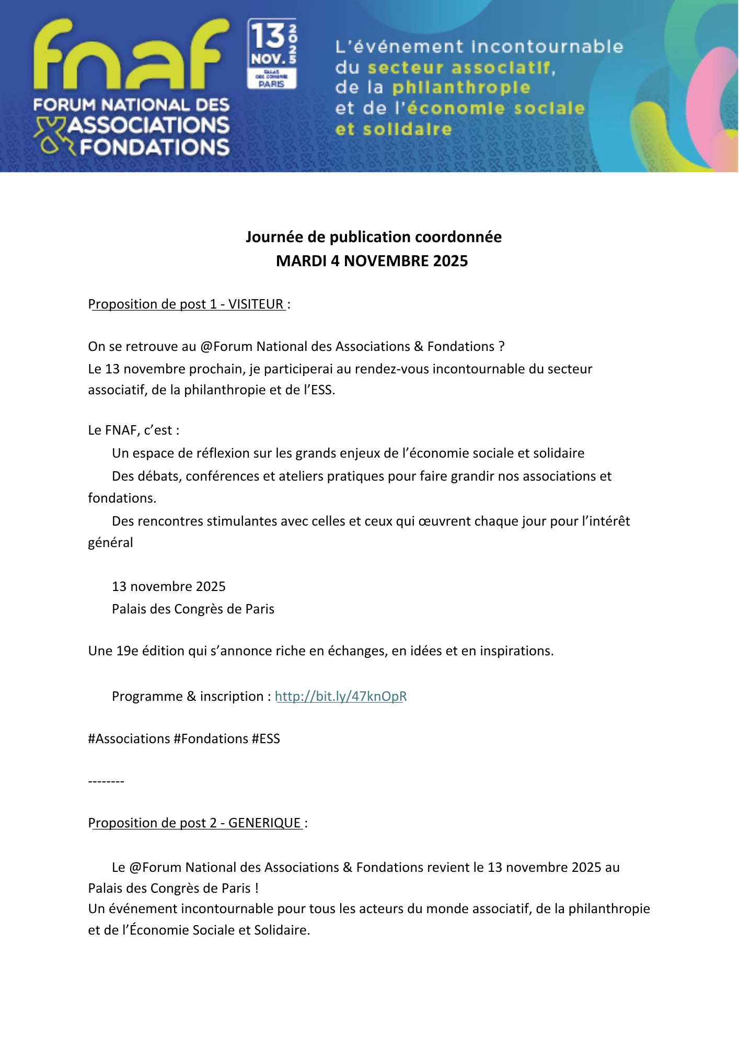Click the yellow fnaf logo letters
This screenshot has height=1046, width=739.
[131, 55]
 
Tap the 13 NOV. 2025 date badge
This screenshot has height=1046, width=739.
[272, 53]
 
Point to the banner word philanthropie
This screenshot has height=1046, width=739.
[461, 87]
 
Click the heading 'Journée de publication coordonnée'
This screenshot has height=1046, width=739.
[373, 237]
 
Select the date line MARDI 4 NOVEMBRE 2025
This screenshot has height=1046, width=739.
[372, 261]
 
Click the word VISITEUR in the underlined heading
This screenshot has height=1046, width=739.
[256, 304]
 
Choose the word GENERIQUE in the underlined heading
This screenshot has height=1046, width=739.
[264, 823]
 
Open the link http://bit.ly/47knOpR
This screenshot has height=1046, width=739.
[341, 696]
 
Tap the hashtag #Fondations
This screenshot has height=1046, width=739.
[211, 738]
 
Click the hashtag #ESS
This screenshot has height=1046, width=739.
[265, 738]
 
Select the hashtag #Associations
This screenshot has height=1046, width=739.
[129, 738]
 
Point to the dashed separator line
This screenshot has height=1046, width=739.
[106, 781]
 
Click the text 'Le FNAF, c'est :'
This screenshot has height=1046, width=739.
[134, 430]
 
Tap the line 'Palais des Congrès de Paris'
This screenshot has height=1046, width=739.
[193, 609]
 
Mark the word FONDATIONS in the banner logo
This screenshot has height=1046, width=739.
[155, 147]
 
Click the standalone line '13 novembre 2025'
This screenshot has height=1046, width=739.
[168, 586]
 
